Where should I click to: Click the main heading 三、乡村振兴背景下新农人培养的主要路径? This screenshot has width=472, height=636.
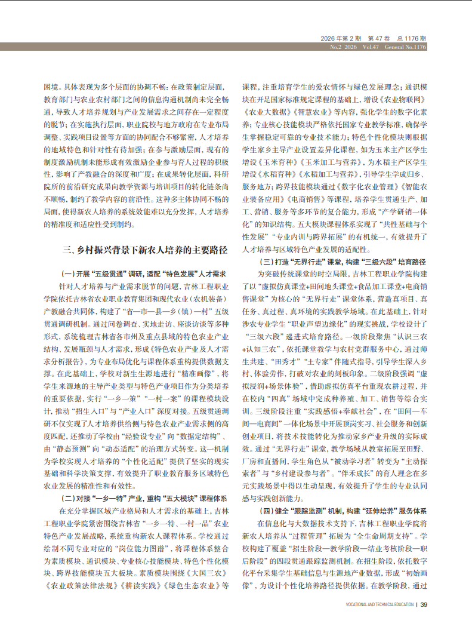[137, 250]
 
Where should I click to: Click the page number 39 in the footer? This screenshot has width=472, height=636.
[424, 604]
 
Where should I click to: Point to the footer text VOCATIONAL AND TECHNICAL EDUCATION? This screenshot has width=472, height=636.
[380, 604]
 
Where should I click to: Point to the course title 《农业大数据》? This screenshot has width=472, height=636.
[265, 111]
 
